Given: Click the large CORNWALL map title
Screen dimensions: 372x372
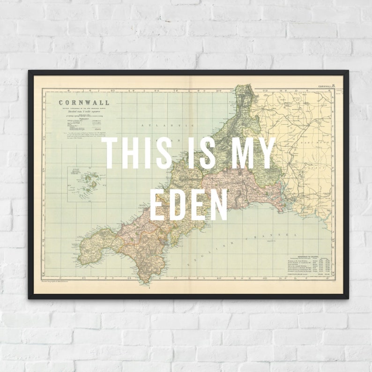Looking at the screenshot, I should [84, 103].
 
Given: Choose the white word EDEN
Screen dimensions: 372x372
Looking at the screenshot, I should [189, 204].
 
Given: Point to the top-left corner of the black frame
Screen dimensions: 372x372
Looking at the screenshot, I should [29, 71].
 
